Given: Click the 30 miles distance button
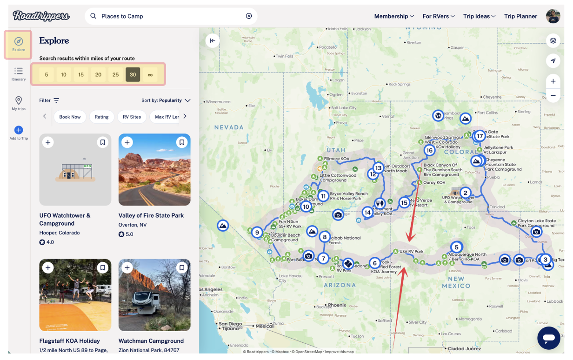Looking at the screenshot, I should pos(133,74).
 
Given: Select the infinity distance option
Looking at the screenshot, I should pos(150,74).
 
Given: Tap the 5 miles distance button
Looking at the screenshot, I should pos(47,74).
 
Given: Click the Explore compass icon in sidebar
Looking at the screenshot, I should pos(19,42).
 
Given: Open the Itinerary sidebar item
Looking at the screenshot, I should pos(19,73).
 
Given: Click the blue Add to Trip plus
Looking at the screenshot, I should pos(19,130).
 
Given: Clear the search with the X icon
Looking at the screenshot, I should pos(249,16).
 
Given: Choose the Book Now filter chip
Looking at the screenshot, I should pos(70,117).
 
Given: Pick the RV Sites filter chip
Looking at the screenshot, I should pos(132,117).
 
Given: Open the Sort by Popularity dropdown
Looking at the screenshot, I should pos(166,100).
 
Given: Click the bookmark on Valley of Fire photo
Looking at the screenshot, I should pos(182,142).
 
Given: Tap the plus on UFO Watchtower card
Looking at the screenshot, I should pos(48,142).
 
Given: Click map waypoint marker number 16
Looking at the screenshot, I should pos(429,150).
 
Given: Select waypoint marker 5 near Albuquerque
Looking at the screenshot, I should pos(456,247).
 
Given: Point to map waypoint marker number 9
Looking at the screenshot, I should pos(257,233).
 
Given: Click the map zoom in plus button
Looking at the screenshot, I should pos(553,81).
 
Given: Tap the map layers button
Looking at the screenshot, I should pos(553,40).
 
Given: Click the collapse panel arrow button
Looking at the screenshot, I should pos(213,40).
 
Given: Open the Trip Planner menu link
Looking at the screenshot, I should pos(520,16).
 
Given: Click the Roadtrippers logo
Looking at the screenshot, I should pos(41,16).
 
